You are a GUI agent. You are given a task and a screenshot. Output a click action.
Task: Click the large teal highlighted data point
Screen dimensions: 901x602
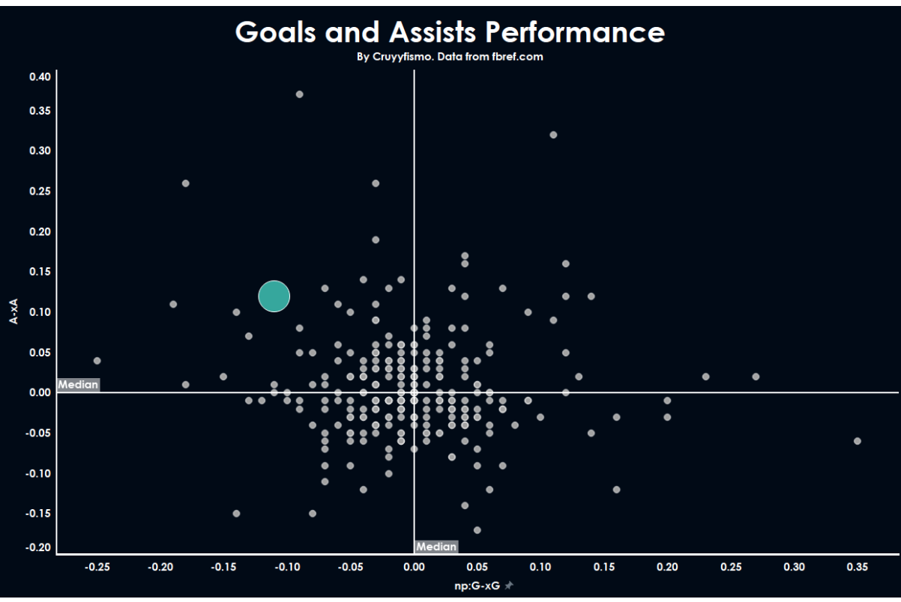point(274,297)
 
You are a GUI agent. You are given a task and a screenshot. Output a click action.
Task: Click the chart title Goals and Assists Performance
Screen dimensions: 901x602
point(450,31)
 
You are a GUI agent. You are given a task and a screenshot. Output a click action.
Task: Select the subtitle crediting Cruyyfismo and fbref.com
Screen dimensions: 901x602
point(450,57)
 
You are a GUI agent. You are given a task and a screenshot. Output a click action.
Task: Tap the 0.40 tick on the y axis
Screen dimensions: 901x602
point(40,76)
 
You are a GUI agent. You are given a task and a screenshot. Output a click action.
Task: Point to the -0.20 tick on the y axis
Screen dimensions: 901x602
point(38,547)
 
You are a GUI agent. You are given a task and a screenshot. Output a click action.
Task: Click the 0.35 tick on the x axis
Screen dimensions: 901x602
point(858,567)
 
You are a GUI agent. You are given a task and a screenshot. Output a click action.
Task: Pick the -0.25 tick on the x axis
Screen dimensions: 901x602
point(97,567)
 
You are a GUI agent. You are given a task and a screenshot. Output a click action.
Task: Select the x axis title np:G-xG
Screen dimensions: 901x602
point(477,586)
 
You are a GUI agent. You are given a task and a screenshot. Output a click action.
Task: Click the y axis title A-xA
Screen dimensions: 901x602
point(13,311)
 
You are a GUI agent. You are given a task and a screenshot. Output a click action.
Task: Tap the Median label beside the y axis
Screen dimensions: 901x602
point(78,385)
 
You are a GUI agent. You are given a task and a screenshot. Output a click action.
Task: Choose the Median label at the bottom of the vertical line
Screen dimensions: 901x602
point(436,547)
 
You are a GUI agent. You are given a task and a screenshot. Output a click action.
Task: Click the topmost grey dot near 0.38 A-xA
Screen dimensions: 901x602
point(299,94)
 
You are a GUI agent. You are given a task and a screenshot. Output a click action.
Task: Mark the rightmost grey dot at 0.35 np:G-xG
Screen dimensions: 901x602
point(858,441)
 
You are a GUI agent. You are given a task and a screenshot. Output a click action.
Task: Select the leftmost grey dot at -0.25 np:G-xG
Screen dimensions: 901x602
point(97,360)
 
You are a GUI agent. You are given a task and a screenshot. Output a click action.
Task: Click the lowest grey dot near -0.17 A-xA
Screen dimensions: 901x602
point(477,530)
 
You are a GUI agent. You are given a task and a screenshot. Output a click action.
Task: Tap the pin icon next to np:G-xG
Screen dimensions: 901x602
point(509,586)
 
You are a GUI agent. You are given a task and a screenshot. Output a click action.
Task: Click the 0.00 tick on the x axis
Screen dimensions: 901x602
point(414,567)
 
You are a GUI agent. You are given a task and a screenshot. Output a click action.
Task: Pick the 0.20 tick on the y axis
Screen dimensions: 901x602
point(40,231)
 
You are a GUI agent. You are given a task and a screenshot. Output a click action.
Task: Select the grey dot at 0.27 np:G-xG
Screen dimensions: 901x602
point(756,377)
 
